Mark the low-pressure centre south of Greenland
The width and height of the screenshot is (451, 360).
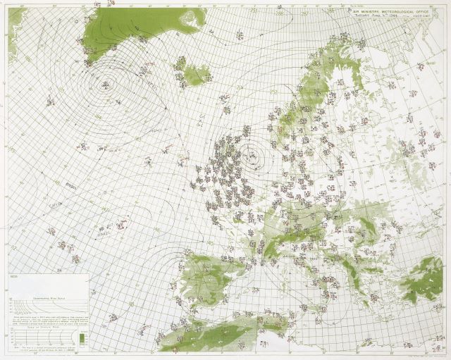click(104, 85)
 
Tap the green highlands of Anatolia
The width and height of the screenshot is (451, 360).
click(423, 271)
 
